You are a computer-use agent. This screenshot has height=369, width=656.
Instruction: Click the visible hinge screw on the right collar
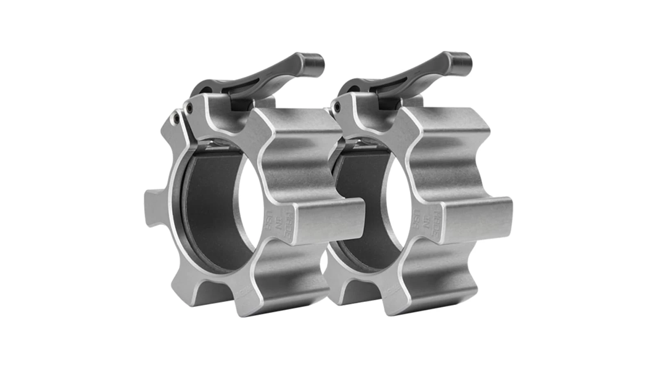coord(337,106)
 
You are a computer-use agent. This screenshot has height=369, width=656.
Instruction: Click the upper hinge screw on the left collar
coord(189,108)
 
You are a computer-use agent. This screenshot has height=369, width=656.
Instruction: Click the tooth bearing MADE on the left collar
coord(324,221)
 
